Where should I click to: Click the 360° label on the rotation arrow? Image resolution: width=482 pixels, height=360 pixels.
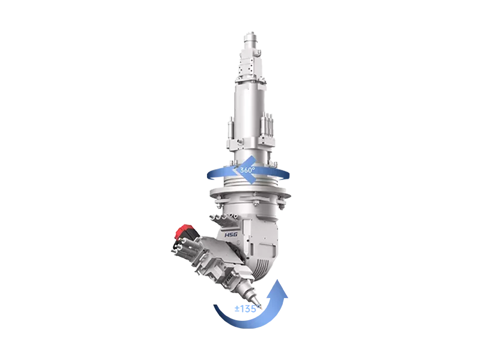(247, 170)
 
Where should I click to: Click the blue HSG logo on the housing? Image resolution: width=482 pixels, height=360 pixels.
(231, 235)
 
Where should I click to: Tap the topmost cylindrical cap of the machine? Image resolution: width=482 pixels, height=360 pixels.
(251, 37)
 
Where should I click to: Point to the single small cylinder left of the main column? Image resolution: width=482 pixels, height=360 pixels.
(230, 128)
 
